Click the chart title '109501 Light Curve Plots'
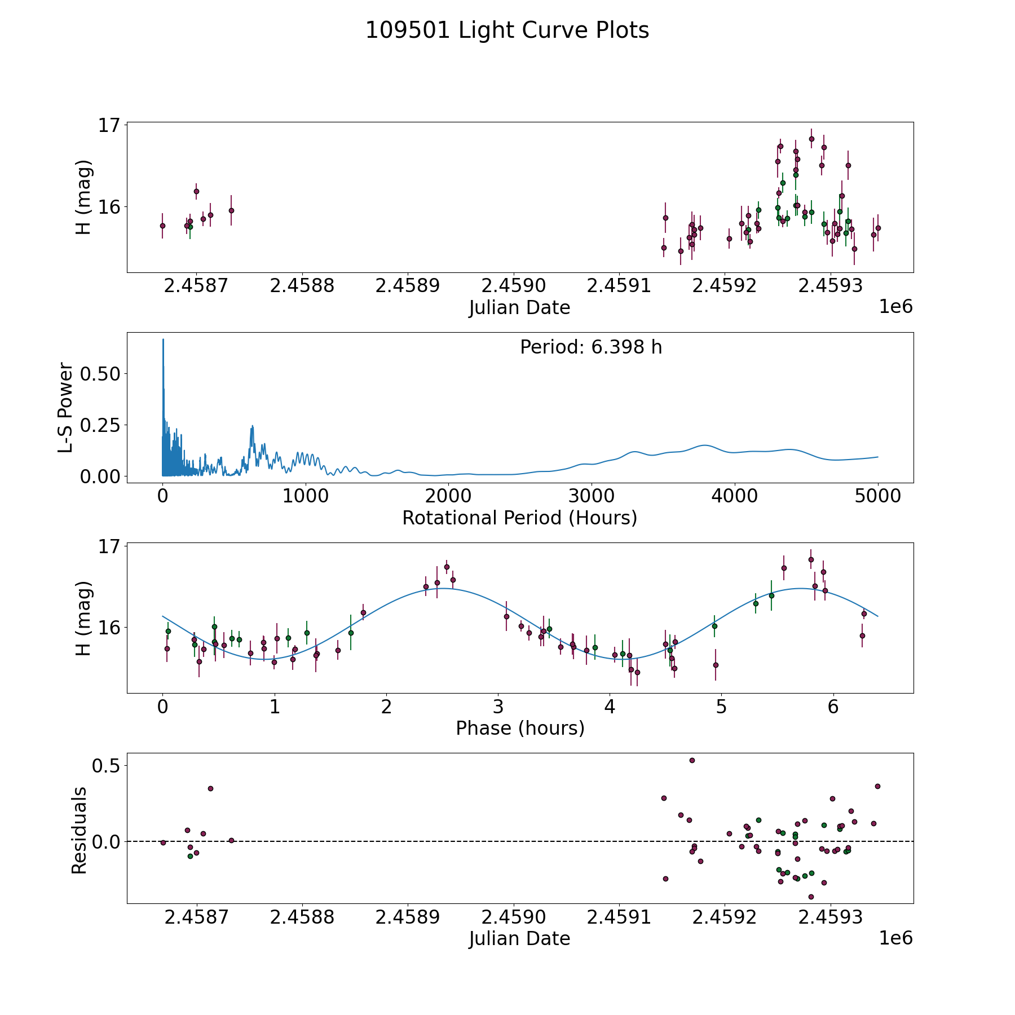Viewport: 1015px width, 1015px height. (507, 30)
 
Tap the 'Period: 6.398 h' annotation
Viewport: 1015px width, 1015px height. (591, 347)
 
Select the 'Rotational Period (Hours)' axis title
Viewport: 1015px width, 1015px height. (519, 518)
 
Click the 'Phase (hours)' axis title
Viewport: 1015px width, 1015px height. (520, 729)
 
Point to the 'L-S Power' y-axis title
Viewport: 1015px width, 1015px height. (65, 408)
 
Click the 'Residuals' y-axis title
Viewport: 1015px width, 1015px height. (80, 831)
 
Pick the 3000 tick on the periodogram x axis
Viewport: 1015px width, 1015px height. (591, 496)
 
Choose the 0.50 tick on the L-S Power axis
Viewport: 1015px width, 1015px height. (100, 373)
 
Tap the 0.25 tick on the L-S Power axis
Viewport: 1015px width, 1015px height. (100, 425)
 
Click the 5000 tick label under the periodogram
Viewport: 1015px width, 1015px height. (877, 496)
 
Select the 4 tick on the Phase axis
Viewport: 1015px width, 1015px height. (610, 707)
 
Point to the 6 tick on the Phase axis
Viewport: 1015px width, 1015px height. (833, 707)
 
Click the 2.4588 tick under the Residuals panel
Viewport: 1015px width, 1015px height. (302, 917)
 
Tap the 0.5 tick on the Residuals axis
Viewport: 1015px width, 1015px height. (107, 766)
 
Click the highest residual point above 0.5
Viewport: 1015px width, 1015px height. (692, 760)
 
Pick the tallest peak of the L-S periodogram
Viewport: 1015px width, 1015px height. (163, 339)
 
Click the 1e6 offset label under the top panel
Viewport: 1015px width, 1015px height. (895, 307)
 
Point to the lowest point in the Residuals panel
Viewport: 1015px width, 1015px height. (811, 897)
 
